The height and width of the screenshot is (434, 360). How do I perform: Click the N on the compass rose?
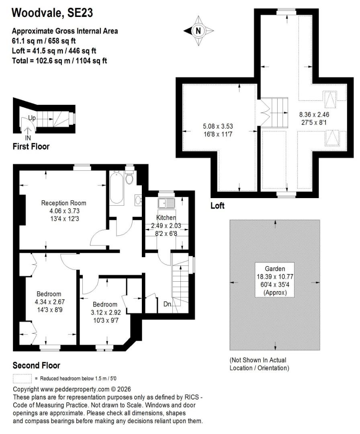(x=198, y=31)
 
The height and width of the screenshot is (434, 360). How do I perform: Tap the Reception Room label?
(x=63, y=203)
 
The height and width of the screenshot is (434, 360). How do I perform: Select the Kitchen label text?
(x=166, y=217)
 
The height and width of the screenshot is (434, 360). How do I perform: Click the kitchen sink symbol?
(x=166, y=203)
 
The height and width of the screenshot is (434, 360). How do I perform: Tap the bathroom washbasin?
(x=138, y=200)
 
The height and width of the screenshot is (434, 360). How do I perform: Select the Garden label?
(x=275, y=268)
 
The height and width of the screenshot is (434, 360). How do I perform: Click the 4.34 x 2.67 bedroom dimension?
(x=50, y=302)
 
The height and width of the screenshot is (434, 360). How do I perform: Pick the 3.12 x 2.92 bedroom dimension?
(x=106, y=313)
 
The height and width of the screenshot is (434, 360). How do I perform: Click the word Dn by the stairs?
(x=168, y=304)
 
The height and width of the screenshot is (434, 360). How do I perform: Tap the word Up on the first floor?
(x=32, y=118)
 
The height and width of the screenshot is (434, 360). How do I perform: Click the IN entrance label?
(x=28, y=137)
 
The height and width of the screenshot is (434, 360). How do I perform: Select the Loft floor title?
(x=217, y=206)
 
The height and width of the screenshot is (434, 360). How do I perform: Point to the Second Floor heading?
(x=36, y=365)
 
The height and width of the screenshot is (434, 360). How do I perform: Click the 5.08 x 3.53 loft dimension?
(x=218, y=126)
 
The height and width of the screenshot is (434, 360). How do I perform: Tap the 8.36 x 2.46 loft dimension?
(x=314, y=114)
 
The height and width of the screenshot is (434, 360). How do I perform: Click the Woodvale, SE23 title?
(x=52, y=13)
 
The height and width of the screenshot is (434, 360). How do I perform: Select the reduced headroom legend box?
(x=22, y=379)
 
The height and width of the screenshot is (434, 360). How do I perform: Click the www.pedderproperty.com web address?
(x=75, y=389)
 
